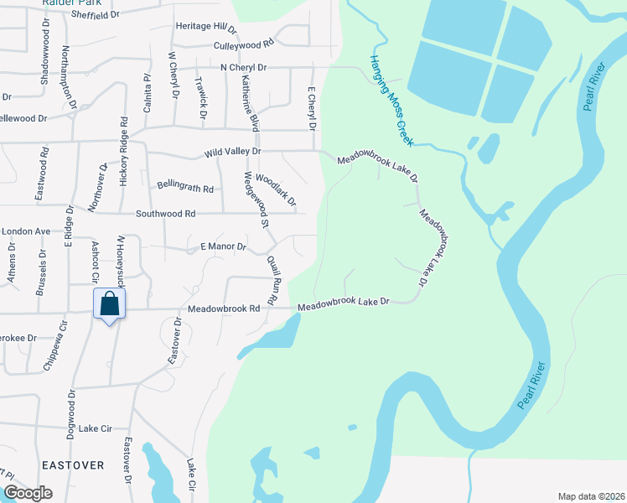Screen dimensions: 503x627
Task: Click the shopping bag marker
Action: (x=110, y=303)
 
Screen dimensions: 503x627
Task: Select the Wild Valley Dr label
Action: (x=233, y=153)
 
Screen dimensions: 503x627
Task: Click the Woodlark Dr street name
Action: (x=276, y=189)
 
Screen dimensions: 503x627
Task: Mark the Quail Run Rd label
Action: (x=272, y=279)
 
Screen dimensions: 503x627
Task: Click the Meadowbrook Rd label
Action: (x=224, y=309)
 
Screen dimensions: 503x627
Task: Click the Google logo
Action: (x=28, y=493)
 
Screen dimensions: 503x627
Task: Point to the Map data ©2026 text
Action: (x=590, y=495)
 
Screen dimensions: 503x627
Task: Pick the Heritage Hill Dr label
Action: (x=206, y=26)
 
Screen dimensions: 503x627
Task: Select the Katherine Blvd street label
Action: (x=247, y=101)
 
